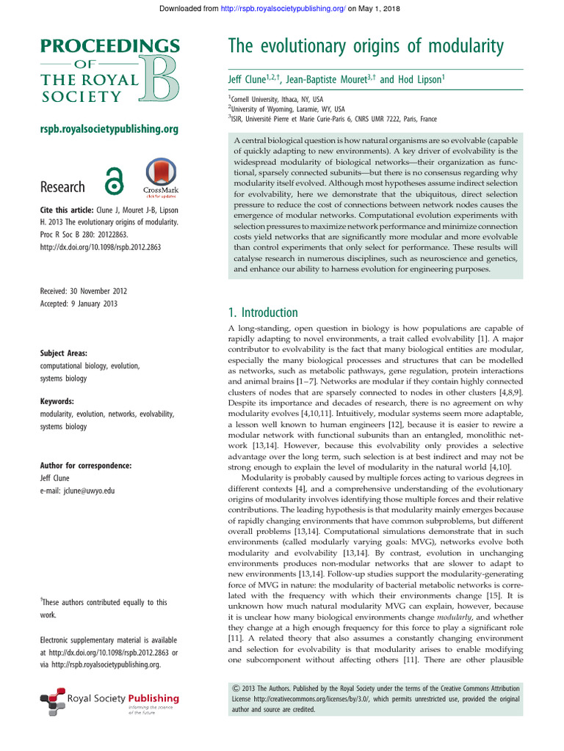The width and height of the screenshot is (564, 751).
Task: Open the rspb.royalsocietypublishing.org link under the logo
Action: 109,130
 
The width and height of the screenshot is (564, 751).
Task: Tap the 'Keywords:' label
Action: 57,401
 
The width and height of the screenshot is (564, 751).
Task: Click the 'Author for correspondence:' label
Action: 86,465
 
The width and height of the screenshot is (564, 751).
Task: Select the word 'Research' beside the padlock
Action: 62,187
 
